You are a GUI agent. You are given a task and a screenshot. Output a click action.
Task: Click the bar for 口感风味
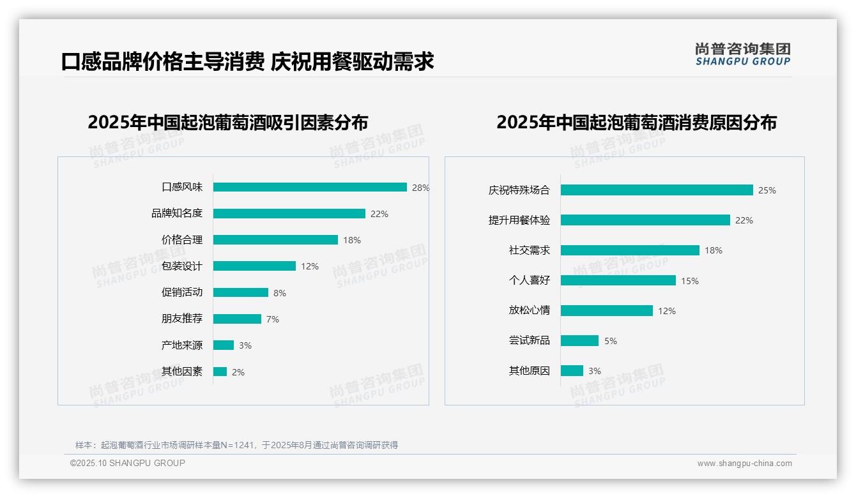pyautogui.click(x=310, y=187)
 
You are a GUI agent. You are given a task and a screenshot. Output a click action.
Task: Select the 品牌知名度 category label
pyautogui.click(x=177, y=214)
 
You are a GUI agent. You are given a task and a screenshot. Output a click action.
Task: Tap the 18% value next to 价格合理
pyautogui.click(x=352, y=240)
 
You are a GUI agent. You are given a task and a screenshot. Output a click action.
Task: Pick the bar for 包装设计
pyautogui.click(x=254, y=266)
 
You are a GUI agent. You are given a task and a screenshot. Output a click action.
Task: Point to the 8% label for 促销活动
pyautogui.click(x=279, y=293)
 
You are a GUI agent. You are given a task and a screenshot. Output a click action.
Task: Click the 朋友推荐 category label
pyautogui.click(x=181, y=319)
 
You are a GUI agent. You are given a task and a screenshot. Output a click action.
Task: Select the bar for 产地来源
pyautogui.click(x=224, y=345)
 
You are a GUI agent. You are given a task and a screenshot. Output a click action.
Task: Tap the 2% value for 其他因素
pyautogui.click(x=238, y=372)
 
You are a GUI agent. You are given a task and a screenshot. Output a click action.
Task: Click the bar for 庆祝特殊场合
pyautogui.click(x=657, y=190)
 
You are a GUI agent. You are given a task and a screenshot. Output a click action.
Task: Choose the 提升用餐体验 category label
pyautogui.click(x=519, y=220)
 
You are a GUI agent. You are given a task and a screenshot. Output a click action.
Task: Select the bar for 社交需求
pyautogui.click(x=630, y=250)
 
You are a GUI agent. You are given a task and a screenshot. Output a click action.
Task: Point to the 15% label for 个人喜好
pyautogui.click(x=689, y=281)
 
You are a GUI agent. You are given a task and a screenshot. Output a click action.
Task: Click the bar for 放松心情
pyautogui.click(x=607, y=311)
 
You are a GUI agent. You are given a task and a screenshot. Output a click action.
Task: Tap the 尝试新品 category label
pyautogui.click(x=529, y=341)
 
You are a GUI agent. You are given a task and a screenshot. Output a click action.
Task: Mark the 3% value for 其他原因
pyautogui.click(x=595, y=371)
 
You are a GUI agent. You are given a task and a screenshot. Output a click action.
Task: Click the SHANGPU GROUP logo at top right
pyautogui.click(x=743, y=54)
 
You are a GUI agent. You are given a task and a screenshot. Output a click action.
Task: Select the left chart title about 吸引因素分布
pyautogui.click(x=228, y=122)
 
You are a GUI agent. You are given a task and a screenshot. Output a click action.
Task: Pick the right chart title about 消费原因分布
pyautogui.click(x=636, y=122)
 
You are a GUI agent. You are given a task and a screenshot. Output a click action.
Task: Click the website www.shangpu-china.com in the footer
pyautogui.click(x=744, y=464)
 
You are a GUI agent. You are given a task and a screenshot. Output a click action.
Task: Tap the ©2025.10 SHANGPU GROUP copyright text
pyautogui.click(x=128, y=463)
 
